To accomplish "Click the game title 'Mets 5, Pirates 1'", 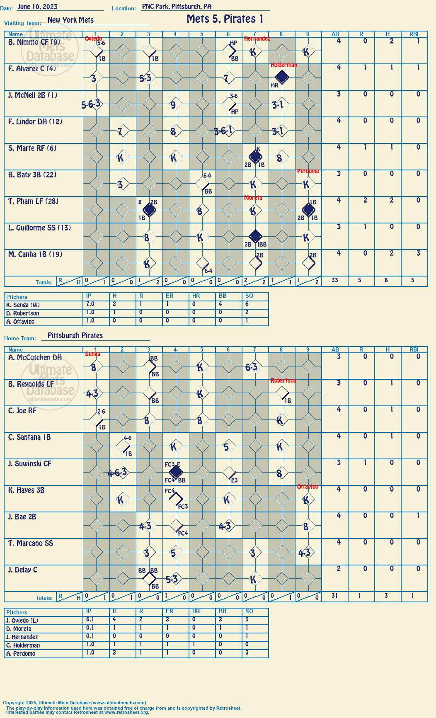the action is (x=225, y=19).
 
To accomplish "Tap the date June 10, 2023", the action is (x=37, y=7).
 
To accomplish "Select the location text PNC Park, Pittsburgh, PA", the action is (x=177, y=7).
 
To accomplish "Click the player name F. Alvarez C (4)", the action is (x=32, y=69).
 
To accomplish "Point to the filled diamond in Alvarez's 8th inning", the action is (x=282, y=77).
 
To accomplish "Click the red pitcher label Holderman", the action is (x=284, y=65).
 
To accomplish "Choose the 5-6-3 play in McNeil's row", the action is (x=92, y=104).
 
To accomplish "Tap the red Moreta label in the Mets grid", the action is (x=253, y=198).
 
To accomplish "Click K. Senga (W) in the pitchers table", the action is (x=23, y=305).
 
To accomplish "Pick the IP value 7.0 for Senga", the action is (x=90, y=304).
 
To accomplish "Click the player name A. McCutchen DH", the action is (x=35, y=357).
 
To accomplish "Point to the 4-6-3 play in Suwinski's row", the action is (x=117, y=473).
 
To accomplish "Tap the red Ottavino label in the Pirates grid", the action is (x=308, y=487).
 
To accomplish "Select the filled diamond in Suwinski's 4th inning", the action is (x=176, y=472).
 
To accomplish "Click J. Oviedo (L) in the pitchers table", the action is (x=24, y=621).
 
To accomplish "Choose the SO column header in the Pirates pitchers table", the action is (x=249, y=611).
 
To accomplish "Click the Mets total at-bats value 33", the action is (x=335, y=280).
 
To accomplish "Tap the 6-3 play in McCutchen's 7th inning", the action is (x=251, y=367).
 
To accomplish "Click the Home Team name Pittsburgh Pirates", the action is (x=75, y=335).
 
